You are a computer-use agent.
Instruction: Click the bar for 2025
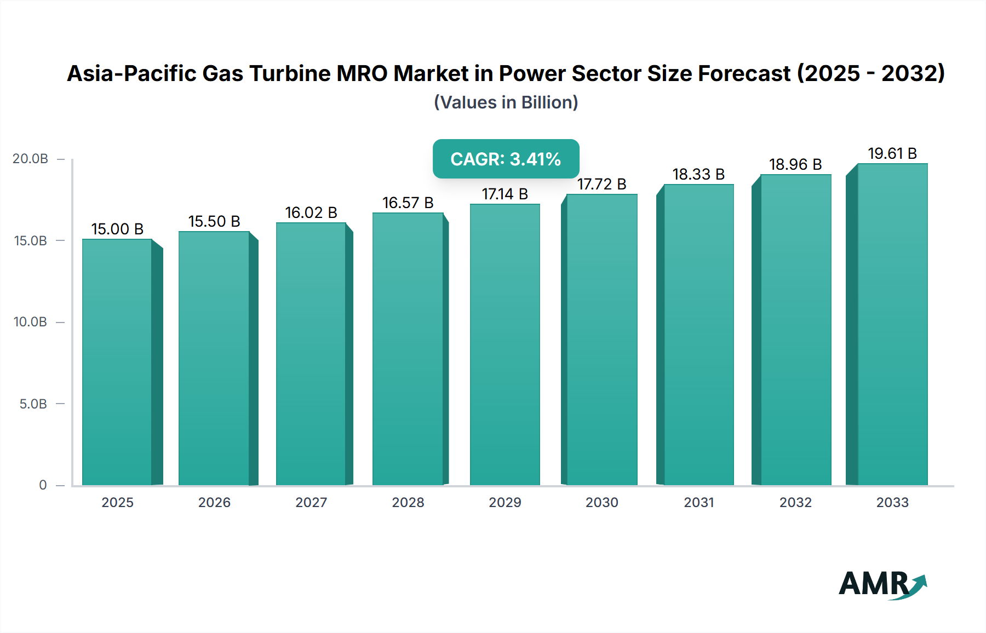coord(117,361)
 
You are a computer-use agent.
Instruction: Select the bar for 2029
coord(505,345)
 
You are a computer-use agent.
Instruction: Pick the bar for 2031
coord(698,335)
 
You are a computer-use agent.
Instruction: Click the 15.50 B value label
coord(214,221)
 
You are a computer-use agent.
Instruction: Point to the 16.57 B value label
coord(408,203)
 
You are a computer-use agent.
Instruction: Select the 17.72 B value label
coord(601,184)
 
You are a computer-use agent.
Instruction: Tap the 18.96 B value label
coord(795,164)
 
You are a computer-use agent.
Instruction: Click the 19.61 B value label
coord(892,153)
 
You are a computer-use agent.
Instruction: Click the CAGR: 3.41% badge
coord(506,159)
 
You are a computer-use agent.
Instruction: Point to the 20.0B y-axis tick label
coord(30,159)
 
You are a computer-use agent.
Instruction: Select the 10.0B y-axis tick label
coord(30,322)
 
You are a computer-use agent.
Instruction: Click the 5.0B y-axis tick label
coord(33,404)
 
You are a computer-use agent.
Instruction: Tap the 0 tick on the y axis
coord(43,485)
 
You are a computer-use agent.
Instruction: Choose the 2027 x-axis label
coord(311,502)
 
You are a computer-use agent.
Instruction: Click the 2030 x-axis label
coord(601,502)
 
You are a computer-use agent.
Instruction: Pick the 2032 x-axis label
coord(795,502)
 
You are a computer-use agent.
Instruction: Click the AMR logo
coord(882,584)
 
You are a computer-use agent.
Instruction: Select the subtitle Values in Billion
coord(506,102)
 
